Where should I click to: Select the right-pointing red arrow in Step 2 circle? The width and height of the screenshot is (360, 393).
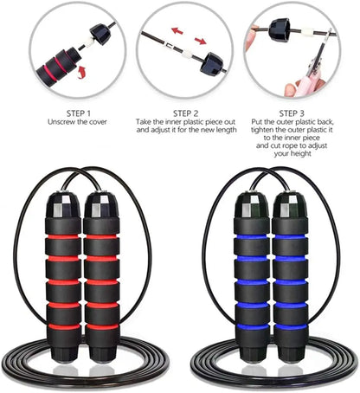point(200,40)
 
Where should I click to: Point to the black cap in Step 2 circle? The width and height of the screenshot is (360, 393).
point(212,63)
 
